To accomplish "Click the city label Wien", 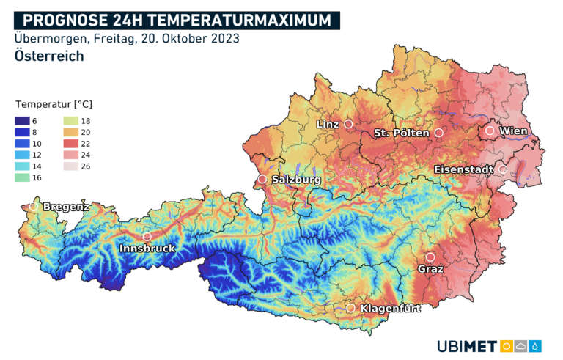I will click(513, 131).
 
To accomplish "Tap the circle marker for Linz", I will click(348, 124).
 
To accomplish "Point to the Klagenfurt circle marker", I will click(351, 309).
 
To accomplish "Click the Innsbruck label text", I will click(147, 249).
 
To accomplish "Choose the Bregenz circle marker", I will click(33, 207).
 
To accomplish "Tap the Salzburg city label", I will click(296, 179).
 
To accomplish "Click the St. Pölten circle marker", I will click(438, 133).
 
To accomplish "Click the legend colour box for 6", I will click(22, 121).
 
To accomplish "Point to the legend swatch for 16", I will click(22, 178).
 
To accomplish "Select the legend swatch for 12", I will click(22, 155).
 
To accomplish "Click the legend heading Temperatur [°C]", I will click(54, 104).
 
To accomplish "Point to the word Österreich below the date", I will click(48, 56).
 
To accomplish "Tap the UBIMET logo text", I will click(466, 345).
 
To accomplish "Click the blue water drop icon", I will click(536, 345).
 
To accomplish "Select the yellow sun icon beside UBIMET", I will click(506, 345).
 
